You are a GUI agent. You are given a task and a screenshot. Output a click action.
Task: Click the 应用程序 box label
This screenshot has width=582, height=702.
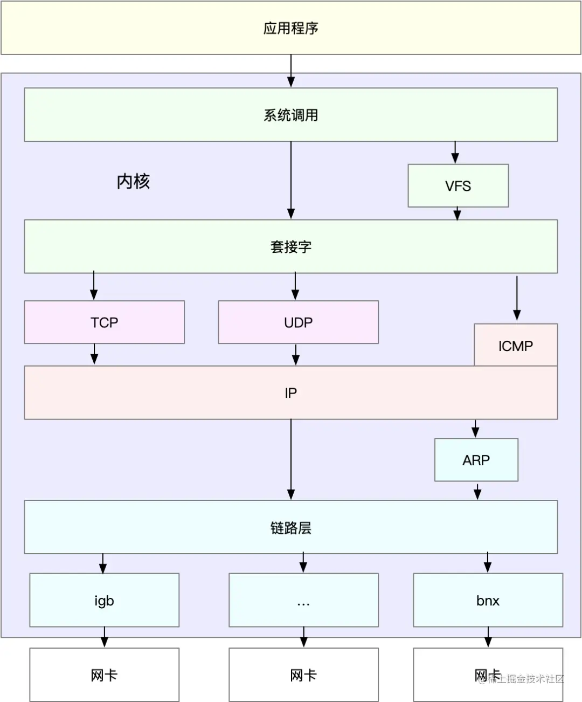tap(290, 28)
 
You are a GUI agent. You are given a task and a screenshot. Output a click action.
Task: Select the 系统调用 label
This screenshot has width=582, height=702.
tap(290, 115)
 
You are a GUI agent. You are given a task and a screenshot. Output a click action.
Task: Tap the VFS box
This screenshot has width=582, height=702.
tap(458, 185)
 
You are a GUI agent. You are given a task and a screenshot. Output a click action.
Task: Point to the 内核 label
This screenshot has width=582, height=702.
tap(134, 182)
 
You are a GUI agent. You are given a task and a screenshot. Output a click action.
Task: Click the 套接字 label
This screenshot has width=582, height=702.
tap(290, 247)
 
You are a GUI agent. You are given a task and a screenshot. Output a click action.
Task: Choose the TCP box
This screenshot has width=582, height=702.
tap(104, 322)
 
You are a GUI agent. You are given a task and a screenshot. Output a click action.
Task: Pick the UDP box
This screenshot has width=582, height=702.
tap(298, 322)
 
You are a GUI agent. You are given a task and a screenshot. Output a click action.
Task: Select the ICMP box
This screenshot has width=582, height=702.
tap(516, 345)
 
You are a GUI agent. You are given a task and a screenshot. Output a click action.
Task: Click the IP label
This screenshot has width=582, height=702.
tap(290, 393)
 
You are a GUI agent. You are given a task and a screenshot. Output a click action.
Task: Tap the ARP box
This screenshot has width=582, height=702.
tap(476, 459)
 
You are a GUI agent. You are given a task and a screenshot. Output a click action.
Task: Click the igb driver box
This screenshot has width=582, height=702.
tap(104, 600)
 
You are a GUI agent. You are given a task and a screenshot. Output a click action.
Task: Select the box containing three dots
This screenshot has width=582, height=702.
tap(303, 600)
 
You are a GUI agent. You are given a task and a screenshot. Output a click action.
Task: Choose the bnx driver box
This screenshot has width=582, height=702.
tap(488, 600)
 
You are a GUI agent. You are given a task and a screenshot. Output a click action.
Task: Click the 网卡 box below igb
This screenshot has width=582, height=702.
tap(104, 675)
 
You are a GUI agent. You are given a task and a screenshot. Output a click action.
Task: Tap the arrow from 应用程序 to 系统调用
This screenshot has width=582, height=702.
tap(291, 71)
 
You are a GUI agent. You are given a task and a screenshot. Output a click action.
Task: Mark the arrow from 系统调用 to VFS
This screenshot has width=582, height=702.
tap(455, 152)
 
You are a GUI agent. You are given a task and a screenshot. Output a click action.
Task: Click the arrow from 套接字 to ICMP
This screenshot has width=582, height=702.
tap(517, 298)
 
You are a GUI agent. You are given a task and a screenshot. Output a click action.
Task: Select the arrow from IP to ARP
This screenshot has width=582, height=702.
tap(475, 429)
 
